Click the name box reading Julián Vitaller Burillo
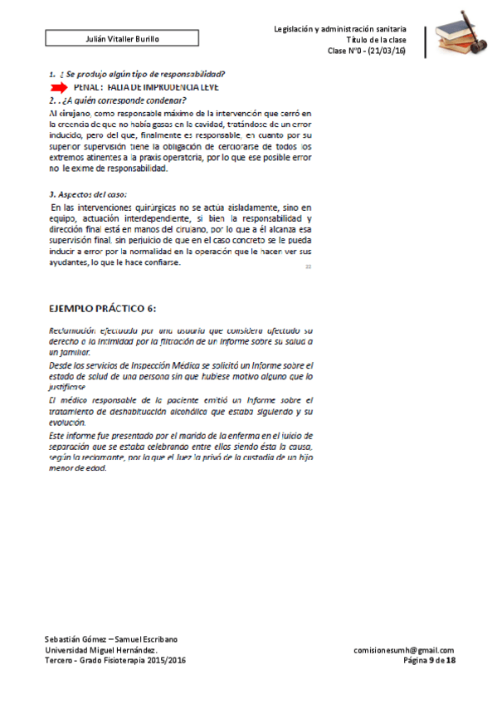point(123,39)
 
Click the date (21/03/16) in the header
point(387,51)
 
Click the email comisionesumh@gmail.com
point(403,650)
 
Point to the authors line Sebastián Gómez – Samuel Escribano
point(110,639)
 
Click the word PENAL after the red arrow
point(87,87)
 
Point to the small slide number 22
point(308,266)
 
